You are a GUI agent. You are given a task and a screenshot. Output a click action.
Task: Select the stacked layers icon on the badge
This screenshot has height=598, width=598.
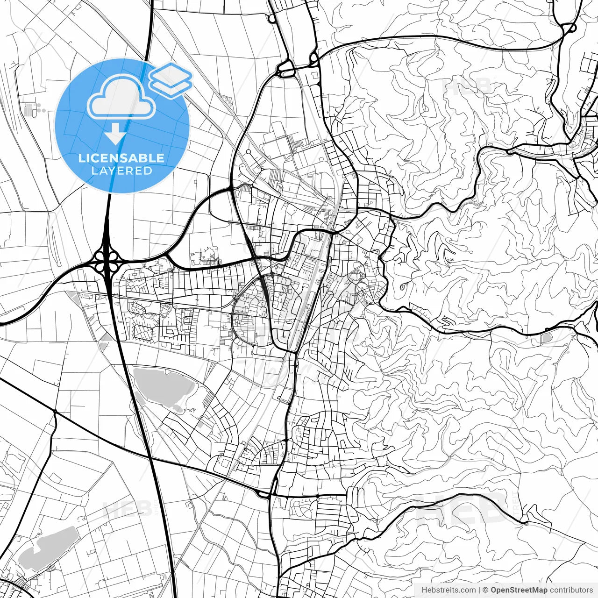pyautogui.click(x=171, y=79)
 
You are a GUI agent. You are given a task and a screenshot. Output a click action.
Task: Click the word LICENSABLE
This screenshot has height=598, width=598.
pyautogui.click(x=121, y=158)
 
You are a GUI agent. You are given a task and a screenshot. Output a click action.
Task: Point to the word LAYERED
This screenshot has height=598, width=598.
pyautogui.click(x=121, y=171)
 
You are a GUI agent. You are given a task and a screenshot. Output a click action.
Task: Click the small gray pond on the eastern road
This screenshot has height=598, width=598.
pyautogui.click(x=546, y=337)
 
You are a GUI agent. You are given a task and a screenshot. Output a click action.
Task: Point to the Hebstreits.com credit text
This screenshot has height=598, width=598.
pyautogui.click(x=449, y=590)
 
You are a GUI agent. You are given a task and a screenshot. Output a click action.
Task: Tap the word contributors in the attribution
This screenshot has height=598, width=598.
pyautogui.click(x=571, y=590)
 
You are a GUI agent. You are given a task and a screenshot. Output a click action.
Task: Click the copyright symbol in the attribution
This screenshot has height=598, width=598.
pyautogui.click(x=486, y=590)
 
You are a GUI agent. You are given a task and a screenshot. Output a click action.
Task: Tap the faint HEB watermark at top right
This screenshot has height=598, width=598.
pyautogui.click(x=467, y=86)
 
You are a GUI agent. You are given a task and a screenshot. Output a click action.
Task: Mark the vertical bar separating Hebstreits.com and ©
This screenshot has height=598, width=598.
pyautogui.click(x=480, y=590)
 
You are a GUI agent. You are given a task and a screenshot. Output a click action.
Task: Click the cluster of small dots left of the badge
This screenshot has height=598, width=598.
pyautogui.click(x=39, y=109)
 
